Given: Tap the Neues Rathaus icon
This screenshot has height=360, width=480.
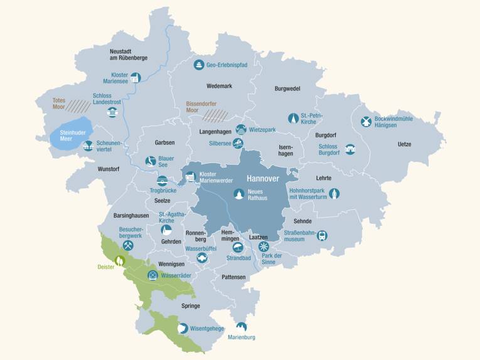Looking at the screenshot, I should click(x=238, y=194).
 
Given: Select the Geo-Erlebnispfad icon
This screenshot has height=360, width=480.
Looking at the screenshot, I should click(x=198, y=65).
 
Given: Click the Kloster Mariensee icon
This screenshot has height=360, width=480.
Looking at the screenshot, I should click(x=135, y=78).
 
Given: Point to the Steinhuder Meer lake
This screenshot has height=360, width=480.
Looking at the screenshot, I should click(x=71, y=133).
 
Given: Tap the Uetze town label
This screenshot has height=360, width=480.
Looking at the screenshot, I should click(x=405, y=144).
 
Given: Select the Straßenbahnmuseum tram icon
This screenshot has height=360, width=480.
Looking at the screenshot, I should click(x=322, y=235).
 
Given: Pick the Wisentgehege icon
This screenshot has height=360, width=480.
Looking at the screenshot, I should click(x=183, y=327).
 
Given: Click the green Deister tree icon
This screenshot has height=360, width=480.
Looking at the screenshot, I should click(x=119, y=258).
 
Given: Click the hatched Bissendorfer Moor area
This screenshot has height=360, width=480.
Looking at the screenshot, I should click(x=215, y=114).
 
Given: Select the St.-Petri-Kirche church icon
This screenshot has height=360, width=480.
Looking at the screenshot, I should click(x=292, y=119).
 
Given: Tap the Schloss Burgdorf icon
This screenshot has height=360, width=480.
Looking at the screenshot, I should click(x=350, y=149).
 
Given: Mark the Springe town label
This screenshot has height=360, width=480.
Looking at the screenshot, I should click(x=191, y=306).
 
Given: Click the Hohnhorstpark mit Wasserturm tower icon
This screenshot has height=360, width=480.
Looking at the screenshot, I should click(x=334, y=194).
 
